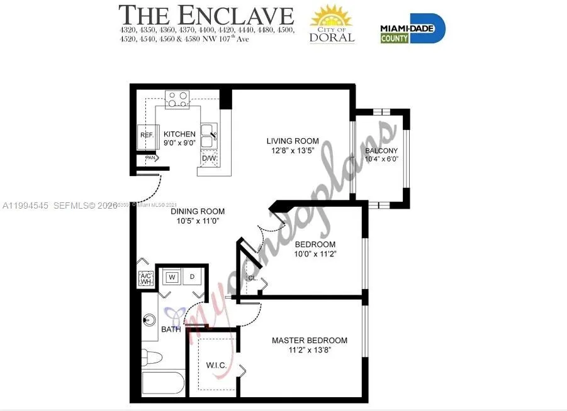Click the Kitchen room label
coord(179,134)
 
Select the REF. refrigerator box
coord(147,135)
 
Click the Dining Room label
coord(198,212)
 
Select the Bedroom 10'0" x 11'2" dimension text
coord(315,255)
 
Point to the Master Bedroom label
coord(309,341)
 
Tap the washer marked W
coord(171,276)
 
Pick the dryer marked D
coord(193,276)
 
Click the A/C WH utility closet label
coord(145,278)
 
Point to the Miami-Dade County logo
coord(412,28)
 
